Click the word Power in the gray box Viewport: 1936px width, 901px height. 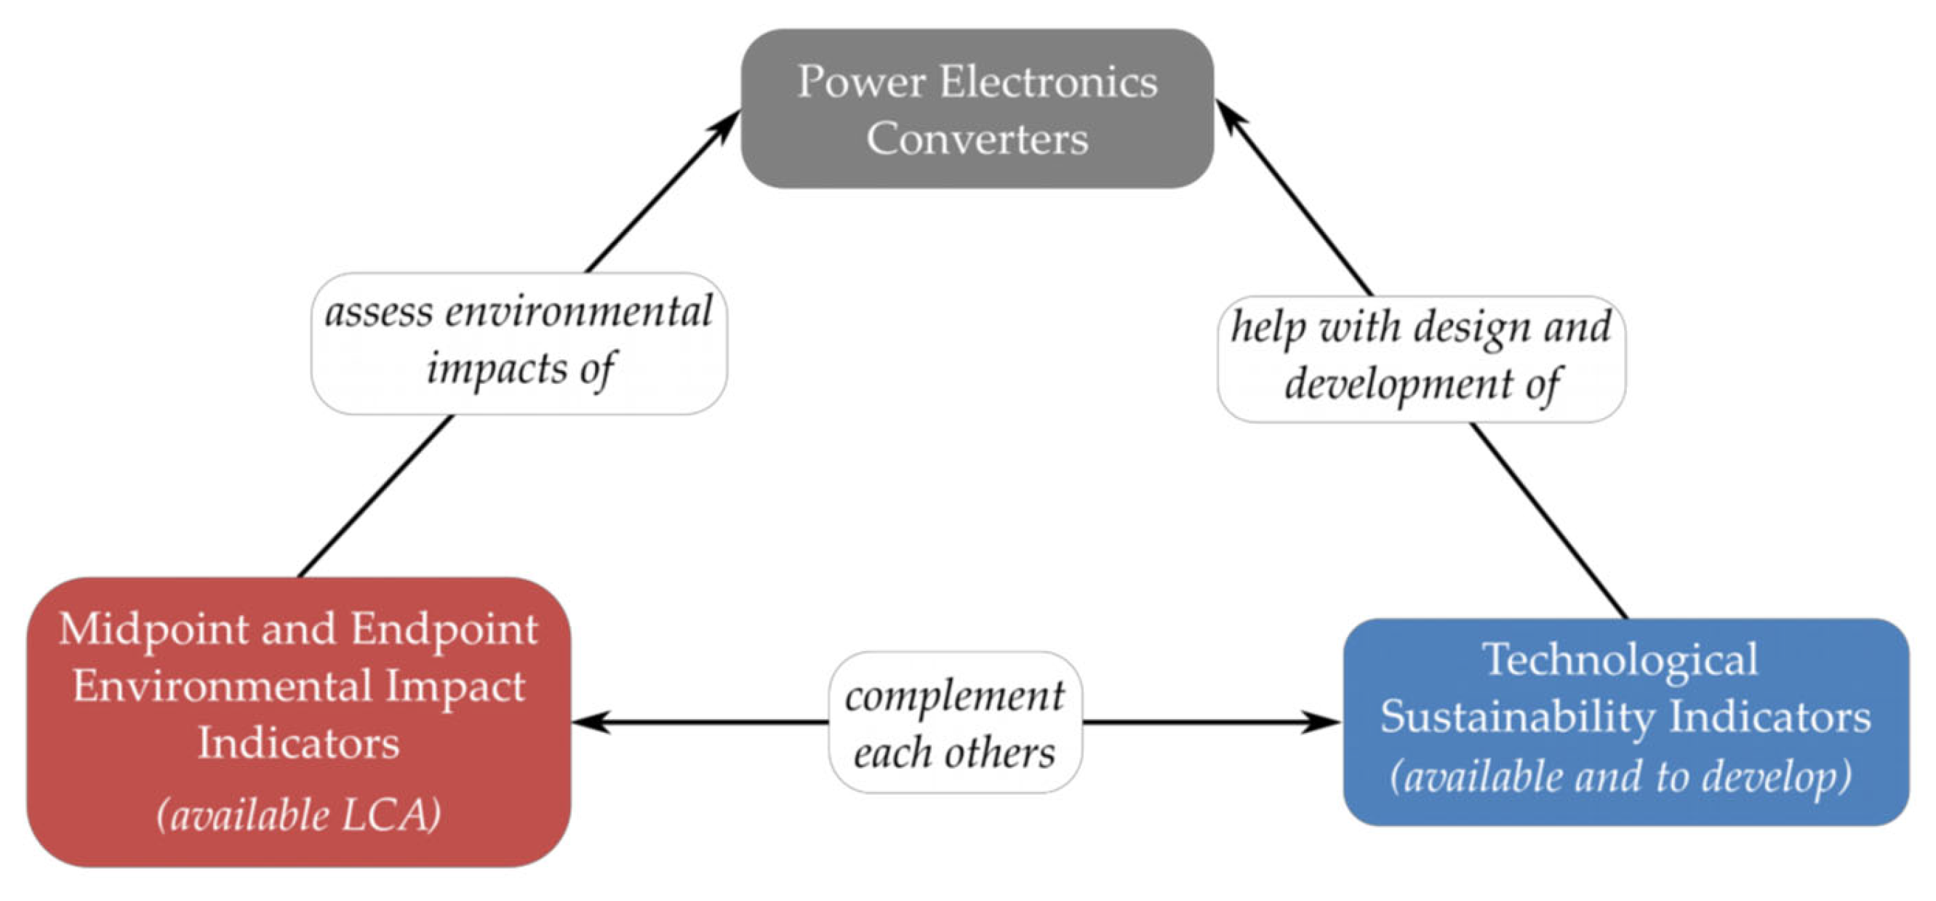click(x=860, y=82)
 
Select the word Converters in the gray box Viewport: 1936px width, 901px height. click(x=977, y=139)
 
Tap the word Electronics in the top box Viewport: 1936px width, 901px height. click(x=1049, y=82)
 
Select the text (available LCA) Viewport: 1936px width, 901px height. click(x=298, y=814)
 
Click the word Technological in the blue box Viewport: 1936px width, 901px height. click(x=1620, y=659)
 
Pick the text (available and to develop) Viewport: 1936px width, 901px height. click(x=1620, y=775)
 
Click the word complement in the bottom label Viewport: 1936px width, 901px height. click(x=954, y=696)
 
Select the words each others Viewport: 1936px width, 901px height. click(x=954, y=752)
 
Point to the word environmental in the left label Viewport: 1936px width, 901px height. click(x=578, y=312)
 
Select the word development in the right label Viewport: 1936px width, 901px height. click(x=1398, y=384)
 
